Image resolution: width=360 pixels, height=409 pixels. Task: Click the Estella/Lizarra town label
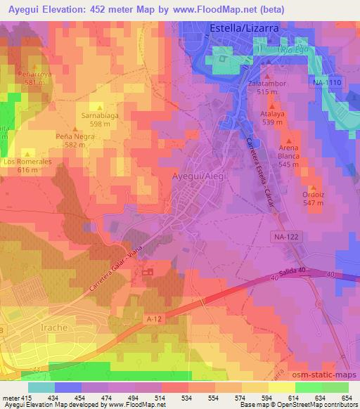pos(244,28)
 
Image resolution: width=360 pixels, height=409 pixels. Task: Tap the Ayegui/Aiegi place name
pos(199,177)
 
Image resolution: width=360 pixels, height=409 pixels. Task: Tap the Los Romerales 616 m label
pos(27,165)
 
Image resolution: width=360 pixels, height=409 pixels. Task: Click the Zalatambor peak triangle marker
pos(269,73)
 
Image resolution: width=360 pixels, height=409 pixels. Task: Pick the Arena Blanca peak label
pos(288,155)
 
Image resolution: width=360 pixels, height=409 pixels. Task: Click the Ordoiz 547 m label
pos(314,197)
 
